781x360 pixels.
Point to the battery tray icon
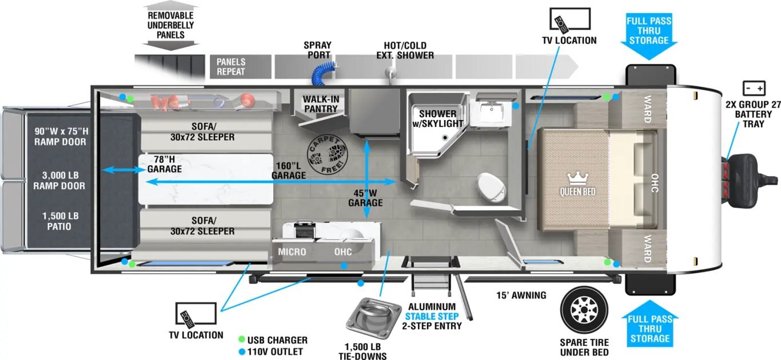pos(753,89)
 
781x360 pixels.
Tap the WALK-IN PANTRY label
pos(321,104)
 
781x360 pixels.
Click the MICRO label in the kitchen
pos(292,252)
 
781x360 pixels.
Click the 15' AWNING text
pos(521,295)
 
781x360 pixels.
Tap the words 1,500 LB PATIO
pos(59,221)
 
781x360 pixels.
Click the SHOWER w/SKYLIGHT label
pos(437,118)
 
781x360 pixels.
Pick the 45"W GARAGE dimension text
pos(365,198)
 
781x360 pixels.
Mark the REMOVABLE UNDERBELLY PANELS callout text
pos(170,25)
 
